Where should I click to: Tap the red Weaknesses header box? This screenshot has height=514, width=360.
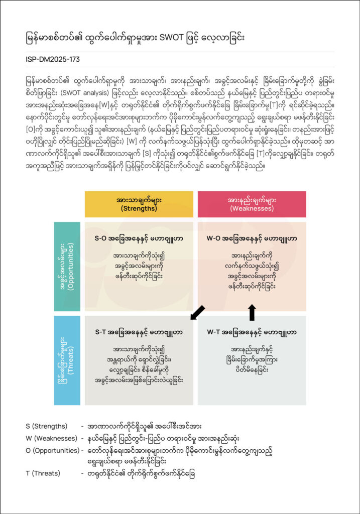(252, 204)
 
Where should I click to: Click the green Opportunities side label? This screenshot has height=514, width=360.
(67, 267)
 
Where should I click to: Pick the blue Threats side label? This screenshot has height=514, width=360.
(67, 360)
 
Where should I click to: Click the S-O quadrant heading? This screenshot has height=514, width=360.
(139, 238)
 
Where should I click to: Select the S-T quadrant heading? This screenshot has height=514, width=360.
(139, 332)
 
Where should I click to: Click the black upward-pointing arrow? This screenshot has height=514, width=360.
(252, 312)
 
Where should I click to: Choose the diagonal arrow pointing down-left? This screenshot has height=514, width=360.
(198, 312)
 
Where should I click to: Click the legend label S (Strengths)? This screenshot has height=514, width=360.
(47, 426)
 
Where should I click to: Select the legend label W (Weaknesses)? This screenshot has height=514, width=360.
(51, 438)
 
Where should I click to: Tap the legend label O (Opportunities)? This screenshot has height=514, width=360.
(53, 450)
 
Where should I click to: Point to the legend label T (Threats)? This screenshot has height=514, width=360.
(43, 473)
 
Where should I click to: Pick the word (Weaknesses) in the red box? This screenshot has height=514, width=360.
(252, 208)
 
